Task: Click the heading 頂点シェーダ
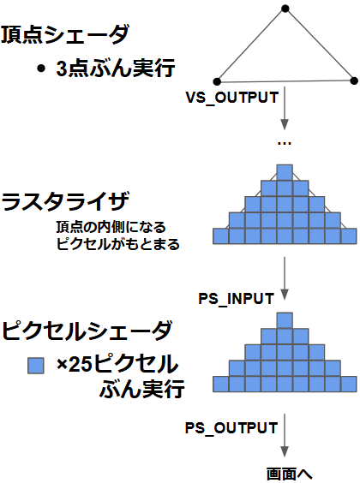coord(65,34)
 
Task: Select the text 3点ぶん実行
coord(116,68)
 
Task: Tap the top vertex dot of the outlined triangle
coord(285,9)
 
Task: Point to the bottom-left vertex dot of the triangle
coord(217,81)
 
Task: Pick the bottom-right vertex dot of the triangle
coord(354,80)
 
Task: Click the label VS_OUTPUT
coord(231,98)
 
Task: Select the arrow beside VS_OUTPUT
coord(285,108)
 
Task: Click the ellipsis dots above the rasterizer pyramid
coord(285,143)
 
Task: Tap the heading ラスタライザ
coord(65,201)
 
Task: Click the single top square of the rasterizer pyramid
coord(285,172)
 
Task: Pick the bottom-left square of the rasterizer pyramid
coord(221,236)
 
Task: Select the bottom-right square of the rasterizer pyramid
coord(349,236)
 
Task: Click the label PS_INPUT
coord(236,299)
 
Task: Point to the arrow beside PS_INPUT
coord(285,278)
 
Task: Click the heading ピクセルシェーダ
coord(87,331)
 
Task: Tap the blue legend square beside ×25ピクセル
coord(36,366)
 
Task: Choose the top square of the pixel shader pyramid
coord(285,320)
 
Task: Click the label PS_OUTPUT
coord(231,428)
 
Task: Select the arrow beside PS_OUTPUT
coord(285,435)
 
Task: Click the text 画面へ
coord(289,474)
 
